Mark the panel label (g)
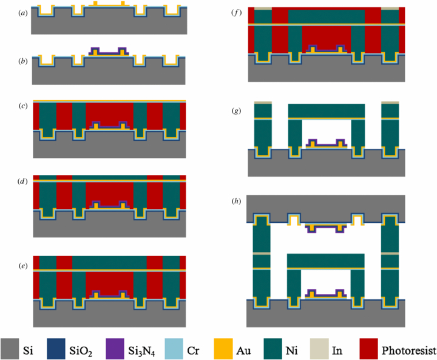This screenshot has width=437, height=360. point(236,111)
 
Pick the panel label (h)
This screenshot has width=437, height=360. point(236,200)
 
